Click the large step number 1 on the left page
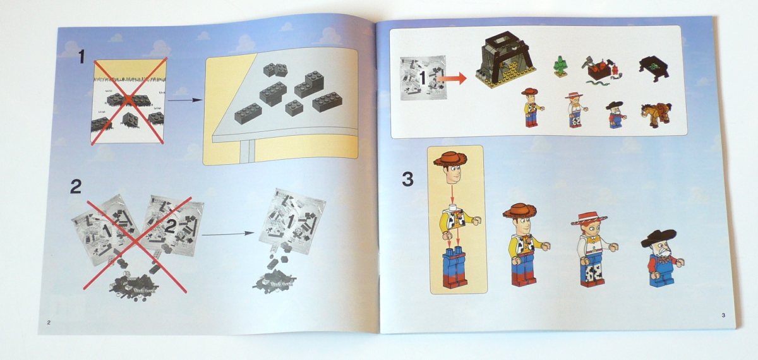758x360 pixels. click(x=81, y=56)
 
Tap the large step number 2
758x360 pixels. click(x=75, y=186)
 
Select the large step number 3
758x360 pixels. click(x=408, y=179)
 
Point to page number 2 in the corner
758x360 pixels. click(x=49, y=323)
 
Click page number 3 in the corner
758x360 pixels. click(x=723, y=315)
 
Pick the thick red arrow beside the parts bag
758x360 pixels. click(x=452, y=79)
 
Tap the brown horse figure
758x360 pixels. click(x=656, y=115)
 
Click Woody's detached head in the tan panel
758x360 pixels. click(x=451, y=167)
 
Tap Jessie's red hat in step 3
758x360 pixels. click(x=589, y=219)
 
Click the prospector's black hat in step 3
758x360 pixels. click(x=658, y=237)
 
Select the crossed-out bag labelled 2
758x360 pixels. click(x=172, y=225)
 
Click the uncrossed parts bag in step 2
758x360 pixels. click(x=292, y=220)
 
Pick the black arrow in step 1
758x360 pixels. click(x=185, y=100)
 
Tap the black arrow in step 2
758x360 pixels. click(x=228, y=234)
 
